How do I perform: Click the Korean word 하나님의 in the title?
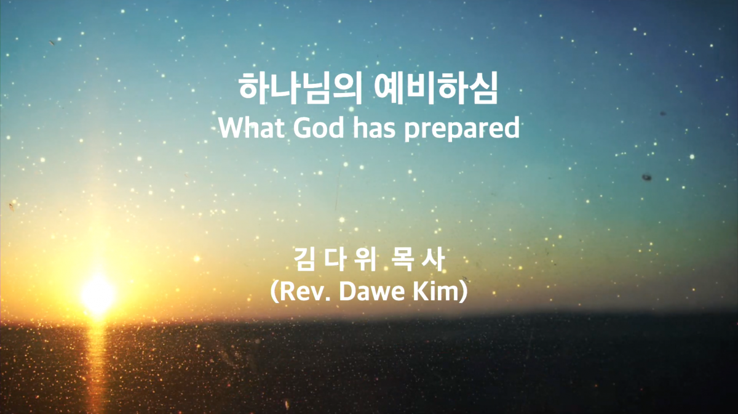tap(300, 88)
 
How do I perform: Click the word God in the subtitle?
tap(319, 128)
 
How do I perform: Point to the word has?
tap(374, 128)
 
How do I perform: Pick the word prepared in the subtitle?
tap(462, 129)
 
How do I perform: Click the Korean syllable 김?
tap(304, 259)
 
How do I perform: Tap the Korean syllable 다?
tap(335, 259)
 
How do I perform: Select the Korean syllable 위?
tap(365, 259)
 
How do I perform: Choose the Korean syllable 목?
tap(403, 259)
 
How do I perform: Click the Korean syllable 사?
tap(433, 259)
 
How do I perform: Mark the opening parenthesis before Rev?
tap(274, 292)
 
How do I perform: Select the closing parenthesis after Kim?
tap(464, 292)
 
